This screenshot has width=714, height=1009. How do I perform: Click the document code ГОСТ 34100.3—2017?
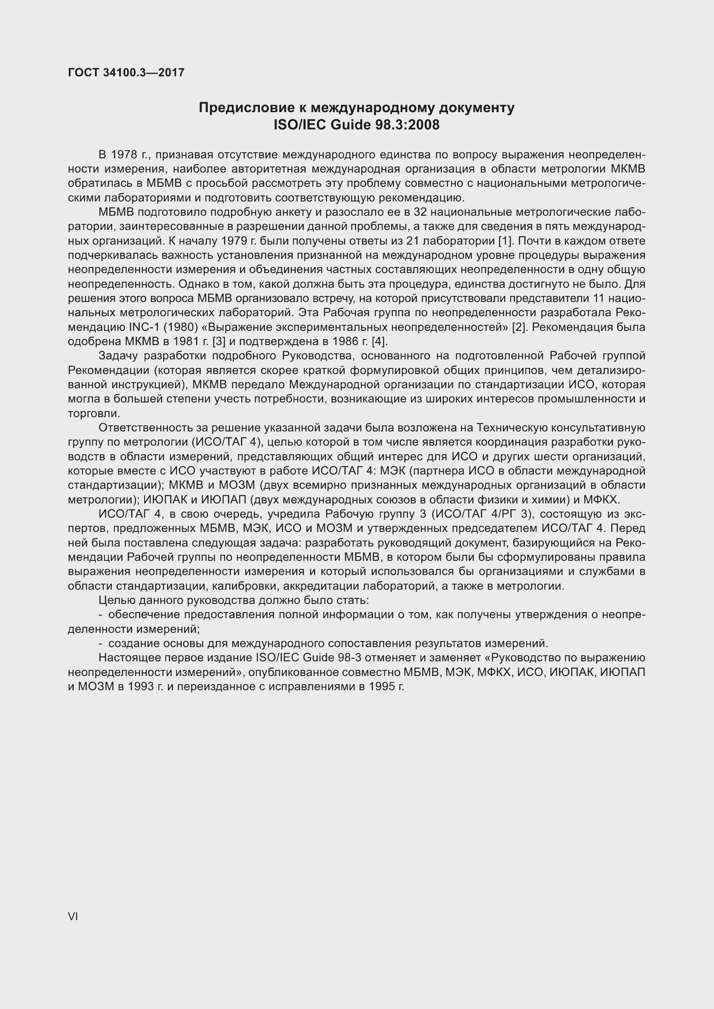pyautogui.click(x=126, y=72)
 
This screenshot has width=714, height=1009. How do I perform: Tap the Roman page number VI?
pyautogui.click(x=73, y=916)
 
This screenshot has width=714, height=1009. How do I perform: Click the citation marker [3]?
pyautogui.click(x=218, y=342)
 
